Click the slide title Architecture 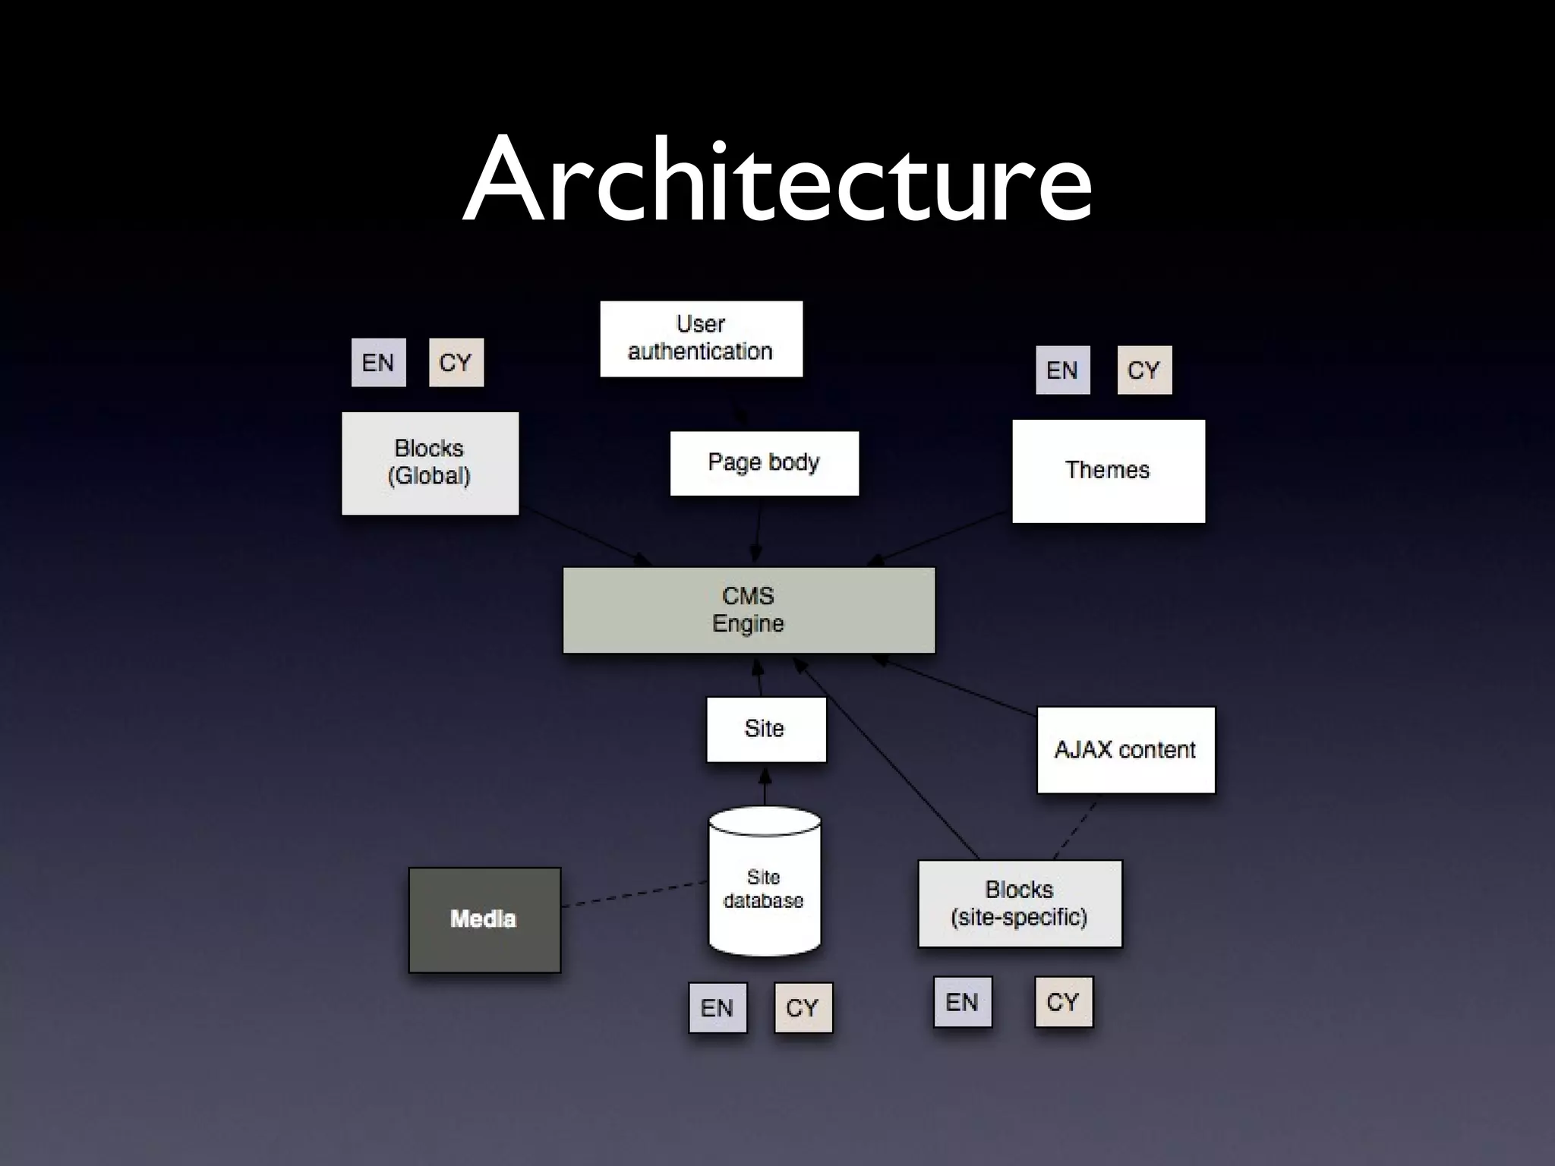[x=777, y=180]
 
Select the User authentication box [x=701, y=339]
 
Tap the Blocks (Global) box [x=430, y=463]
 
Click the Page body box [x=764, y=463]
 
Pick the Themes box [x=1108, y=471]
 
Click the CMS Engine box [x=749, y=610]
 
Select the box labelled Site [x=765, y=729]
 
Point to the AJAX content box [x=1125, y=750]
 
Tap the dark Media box [x=484, y=919]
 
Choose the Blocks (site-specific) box [x=1019, y=903]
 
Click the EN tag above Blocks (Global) [x=378, y=363]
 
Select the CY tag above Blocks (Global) [x=456, y=363]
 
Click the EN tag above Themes [x=1062, y=370]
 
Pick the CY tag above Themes [x=1143, y=370]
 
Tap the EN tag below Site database [x=717, y=1007]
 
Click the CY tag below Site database [x=803, y=1007]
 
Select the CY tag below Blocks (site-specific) [x=1063, y=1002]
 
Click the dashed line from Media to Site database [x=634, y=893]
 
